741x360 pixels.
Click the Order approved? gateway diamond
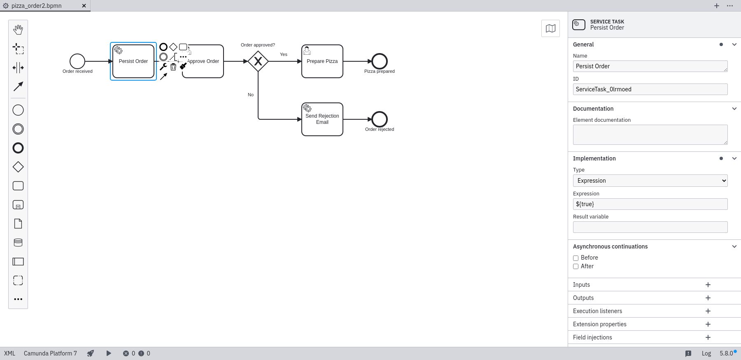(x=258, y=61)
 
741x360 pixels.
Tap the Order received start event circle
(x=77, y=61)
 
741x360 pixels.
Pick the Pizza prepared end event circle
(x=380, y=61)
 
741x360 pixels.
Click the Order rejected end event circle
(x=380, y=119)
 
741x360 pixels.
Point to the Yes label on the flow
(x=284, y=54)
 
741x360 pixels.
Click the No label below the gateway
(x=251, y=95)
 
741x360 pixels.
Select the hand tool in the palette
(x=18, y=30)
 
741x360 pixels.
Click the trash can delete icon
(x=173, y=67)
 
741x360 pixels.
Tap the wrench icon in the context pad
(x=163, y=67)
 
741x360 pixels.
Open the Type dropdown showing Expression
(x=650, y=181)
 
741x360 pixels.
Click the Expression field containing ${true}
(x=650, y=204)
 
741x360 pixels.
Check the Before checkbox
(x=576, y=258)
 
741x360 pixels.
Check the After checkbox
(x=576, y=267)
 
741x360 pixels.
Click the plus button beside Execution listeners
(x=708, y=311)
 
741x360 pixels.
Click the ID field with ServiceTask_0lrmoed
(x=650, y=89)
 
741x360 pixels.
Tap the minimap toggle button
(x=550, y=28)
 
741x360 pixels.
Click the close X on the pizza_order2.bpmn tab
(x=84, y=6)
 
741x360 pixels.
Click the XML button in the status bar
(x=9, y=353)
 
